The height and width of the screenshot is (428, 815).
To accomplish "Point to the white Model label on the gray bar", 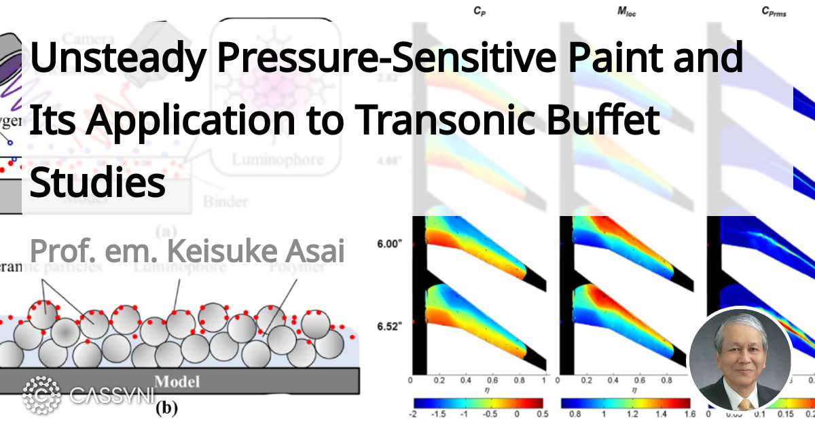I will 178,381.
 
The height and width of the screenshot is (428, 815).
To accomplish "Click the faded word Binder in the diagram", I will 225,202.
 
